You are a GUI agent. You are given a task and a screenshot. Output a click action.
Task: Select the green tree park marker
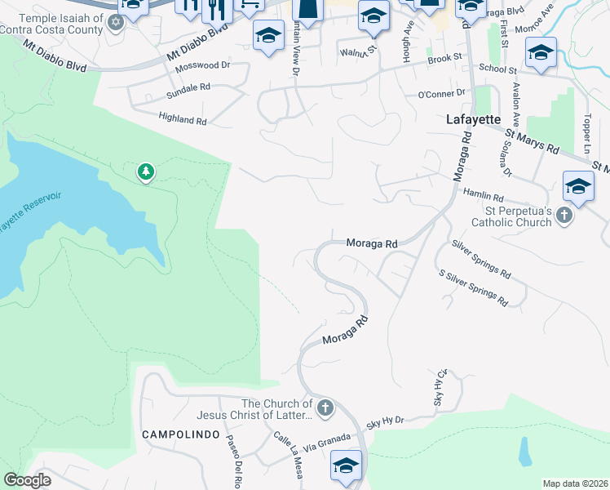coord(145,171)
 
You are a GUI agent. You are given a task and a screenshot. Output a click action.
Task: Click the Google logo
coord(28,480)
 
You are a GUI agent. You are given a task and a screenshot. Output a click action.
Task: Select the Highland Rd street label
coord(183,120)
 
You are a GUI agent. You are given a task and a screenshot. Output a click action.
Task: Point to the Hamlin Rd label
coord(483,197)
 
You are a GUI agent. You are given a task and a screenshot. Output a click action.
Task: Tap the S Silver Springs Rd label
coord(473,288)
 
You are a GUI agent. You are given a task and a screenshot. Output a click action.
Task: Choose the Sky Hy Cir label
coord(441,388)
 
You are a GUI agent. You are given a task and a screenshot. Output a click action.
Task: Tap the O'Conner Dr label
coord(440,94)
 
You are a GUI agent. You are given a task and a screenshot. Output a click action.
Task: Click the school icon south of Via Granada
coord(346,467)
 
